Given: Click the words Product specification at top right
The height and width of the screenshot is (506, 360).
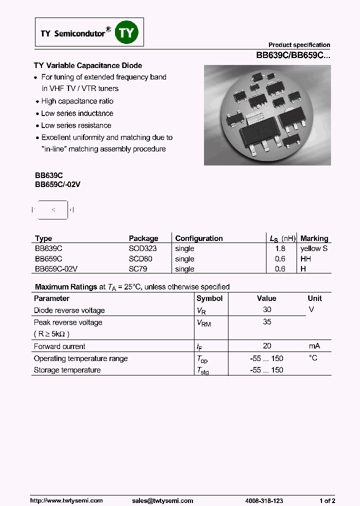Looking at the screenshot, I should (x=299, y=45).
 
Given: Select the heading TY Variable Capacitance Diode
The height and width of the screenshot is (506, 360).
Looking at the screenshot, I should (x=88, y=65).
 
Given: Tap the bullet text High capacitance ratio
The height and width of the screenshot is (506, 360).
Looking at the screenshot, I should (x=77, y=101).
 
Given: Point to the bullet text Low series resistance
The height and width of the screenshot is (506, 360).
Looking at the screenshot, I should (x=76, y=125).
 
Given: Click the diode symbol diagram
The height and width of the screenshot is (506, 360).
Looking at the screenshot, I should (x=53, y=210).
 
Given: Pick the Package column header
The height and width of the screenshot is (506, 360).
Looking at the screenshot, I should (x=143, y=238).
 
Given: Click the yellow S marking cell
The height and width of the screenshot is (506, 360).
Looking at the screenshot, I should (x=314, y=248).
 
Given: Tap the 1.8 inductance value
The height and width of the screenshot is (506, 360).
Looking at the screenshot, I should (x=280, y=248).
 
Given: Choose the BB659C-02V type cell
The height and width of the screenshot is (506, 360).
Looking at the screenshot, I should (x=56, y=269).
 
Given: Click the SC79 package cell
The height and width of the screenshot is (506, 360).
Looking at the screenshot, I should (x=138, y=269).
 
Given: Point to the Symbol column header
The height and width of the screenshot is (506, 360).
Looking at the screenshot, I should (x=209, y=298).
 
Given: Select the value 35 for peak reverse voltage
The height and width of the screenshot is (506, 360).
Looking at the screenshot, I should (x=267, y=322).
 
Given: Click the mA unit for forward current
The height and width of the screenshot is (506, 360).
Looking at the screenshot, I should (x=314, y=346).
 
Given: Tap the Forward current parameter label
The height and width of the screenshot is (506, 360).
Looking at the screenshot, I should (x=59, y=346).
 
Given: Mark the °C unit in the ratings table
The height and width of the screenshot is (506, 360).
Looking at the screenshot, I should (x=313, y=358).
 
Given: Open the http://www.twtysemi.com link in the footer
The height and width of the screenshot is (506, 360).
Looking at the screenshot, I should (x=66, y=500).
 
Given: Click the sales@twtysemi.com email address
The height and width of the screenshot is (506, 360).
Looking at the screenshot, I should (x=162, y=500).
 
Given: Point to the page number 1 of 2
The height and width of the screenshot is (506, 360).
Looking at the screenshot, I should (x=327, y=500).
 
